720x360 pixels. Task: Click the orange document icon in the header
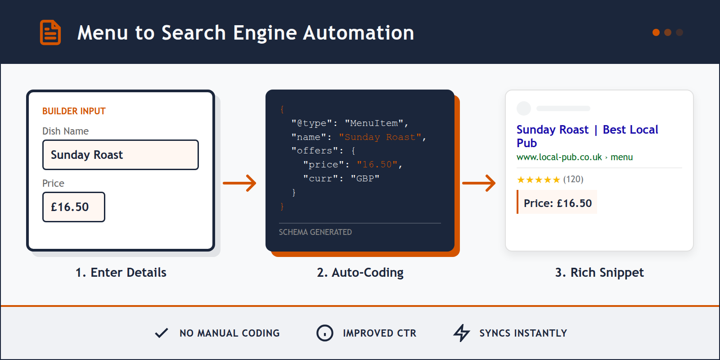(50, 32)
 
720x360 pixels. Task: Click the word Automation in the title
(358, 33)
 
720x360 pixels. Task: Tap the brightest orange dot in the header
(656, 32)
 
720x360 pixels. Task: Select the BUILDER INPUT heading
(74, 111)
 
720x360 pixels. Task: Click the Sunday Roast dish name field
(120, 155)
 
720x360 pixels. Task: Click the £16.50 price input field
(74, 207)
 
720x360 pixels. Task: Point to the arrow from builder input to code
(239, 183)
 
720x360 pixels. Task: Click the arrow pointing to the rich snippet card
(479, 183)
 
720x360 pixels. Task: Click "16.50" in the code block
(377, 165)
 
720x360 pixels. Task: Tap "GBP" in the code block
(365, 179)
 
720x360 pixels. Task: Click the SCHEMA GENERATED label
(315, 232)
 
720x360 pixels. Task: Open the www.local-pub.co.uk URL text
(559, 157)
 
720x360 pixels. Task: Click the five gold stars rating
(538, 180)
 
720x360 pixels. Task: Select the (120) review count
(573, 180)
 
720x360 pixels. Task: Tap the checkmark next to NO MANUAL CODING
(161, 333)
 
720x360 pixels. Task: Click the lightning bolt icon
(461, 333)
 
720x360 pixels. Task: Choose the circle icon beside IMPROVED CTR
(324, 333)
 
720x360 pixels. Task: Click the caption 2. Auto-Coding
(360, 273)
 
